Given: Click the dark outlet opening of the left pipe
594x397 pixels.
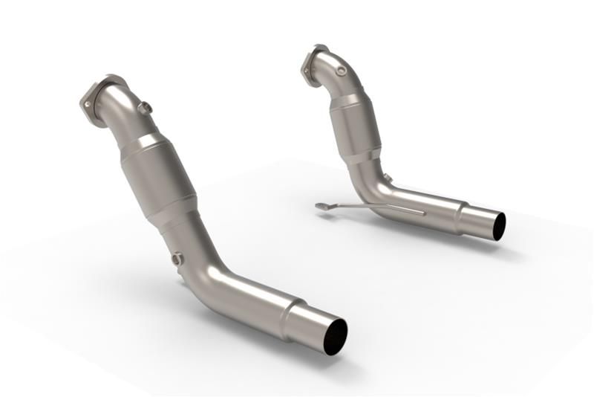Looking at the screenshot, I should (x=334, y=337).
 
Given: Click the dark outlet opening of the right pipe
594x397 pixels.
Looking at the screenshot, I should (x=499, y=226).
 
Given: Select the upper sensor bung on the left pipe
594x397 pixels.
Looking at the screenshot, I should (x=145, y=108).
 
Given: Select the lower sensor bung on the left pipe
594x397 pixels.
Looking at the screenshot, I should (x=177, y=259).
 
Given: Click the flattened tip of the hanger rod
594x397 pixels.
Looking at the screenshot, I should (x=321, y=205).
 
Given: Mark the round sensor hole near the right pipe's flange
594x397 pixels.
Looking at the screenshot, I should (x=341, y=71).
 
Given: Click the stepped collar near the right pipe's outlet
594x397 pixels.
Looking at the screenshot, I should (x=464, y=216).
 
